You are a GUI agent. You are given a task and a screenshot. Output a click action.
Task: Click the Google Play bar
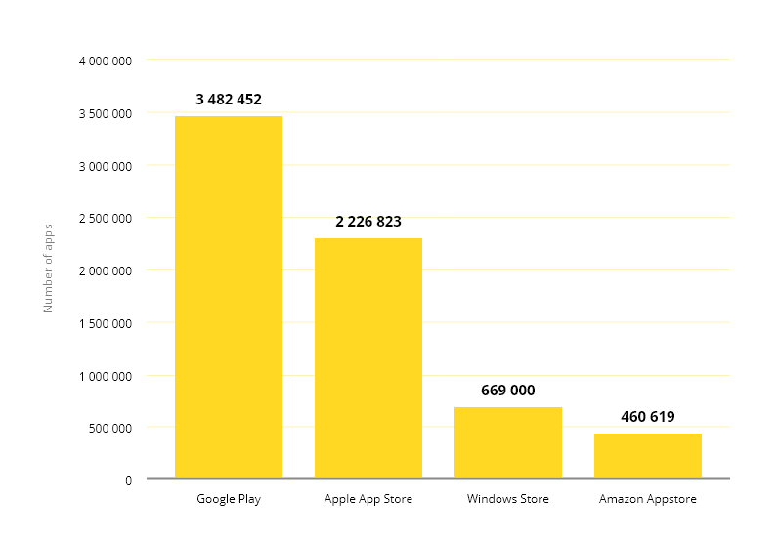(229, 298)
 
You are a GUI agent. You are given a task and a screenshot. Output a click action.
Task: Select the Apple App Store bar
(368, 358)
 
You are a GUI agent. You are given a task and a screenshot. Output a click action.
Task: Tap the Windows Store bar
(507, 442)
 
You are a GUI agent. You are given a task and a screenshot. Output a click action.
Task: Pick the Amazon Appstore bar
(647, 456)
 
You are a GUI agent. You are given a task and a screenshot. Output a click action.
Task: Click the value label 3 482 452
(229, 100)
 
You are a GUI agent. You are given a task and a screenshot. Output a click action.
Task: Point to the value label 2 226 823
(368, 222)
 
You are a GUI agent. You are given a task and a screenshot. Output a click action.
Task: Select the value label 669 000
(507, 391)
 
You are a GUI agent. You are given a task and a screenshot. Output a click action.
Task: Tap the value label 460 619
(647, 417)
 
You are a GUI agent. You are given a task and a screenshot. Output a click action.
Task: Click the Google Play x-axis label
(229, 499)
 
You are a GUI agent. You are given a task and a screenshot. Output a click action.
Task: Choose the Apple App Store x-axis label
(368, 499)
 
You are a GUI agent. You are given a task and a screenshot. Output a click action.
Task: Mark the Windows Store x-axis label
(507, 499)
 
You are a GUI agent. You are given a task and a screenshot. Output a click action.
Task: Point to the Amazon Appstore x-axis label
(647, 499)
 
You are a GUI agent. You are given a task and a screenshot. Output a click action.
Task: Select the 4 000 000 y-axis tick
(105, 61)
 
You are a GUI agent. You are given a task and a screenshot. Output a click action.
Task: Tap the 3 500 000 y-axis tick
(105, 113)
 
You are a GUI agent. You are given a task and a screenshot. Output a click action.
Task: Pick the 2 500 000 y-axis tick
(105, 218)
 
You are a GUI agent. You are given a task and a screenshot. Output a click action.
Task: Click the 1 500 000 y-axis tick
(105, 323)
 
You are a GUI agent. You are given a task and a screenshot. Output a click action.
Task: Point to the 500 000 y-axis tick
(109, 428)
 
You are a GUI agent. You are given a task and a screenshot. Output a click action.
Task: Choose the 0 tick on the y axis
(127, 480)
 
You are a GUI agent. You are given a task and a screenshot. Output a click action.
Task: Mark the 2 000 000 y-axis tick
(105, 270)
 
